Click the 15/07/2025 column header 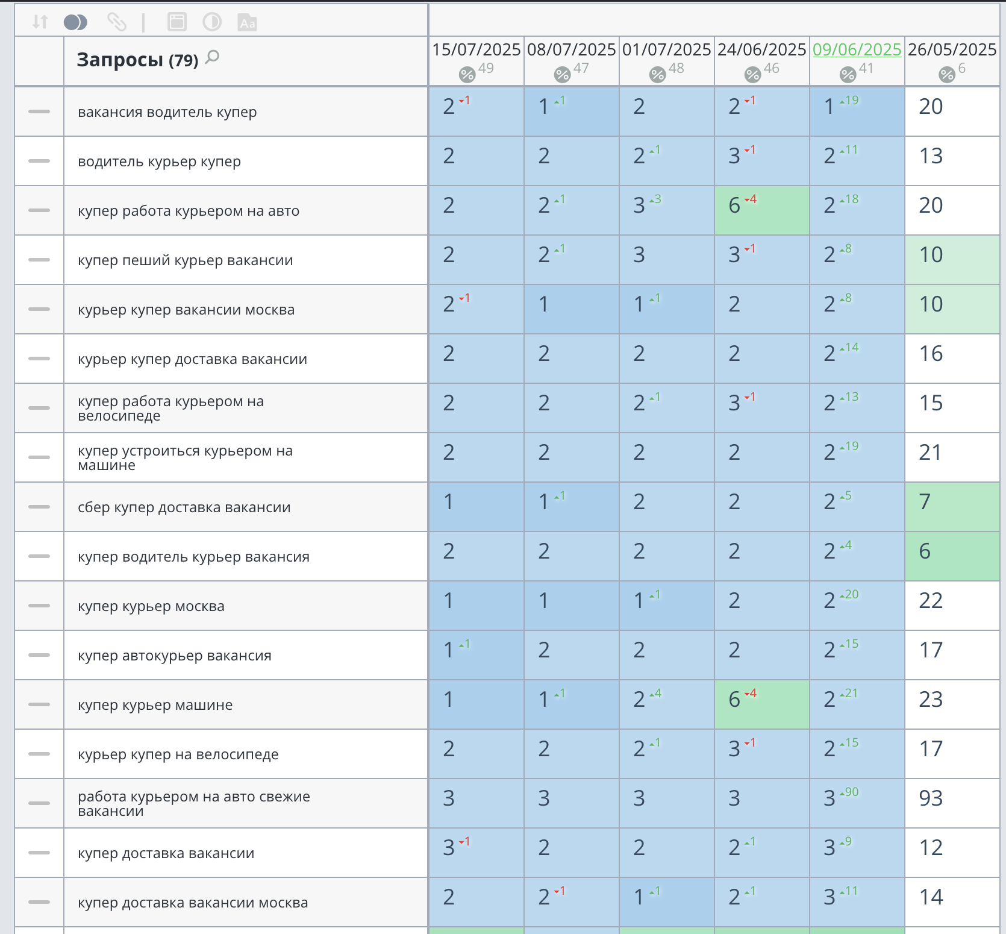tap(476, 49)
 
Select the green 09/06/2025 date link tap(857, 49)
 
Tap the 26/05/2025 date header tap(952, 49)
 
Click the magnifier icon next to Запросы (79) tap(212, 58)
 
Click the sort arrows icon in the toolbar tap(40, 22)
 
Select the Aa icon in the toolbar tap(247, 22)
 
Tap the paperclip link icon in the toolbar tap(116, 22)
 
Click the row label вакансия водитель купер tap(167, 112)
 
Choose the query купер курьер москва tap(151, 606)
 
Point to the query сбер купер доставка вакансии tap(184, 507)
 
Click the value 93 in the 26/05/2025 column tap(931, 798)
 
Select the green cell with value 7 tap(952, 507)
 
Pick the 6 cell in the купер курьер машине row tap(762, 704)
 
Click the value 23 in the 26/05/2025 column tap(931, 699)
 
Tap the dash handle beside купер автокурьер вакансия tap(39, 655)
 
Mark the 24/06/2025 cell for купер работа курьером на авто tap(762, 210)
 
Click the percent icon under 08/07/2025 tap(562, 75)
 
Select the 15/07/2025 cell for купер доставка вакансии tap(476, 853)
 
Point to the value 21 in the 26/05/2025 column tap(930, 452)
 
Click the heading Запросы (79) tap(137, 60)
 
